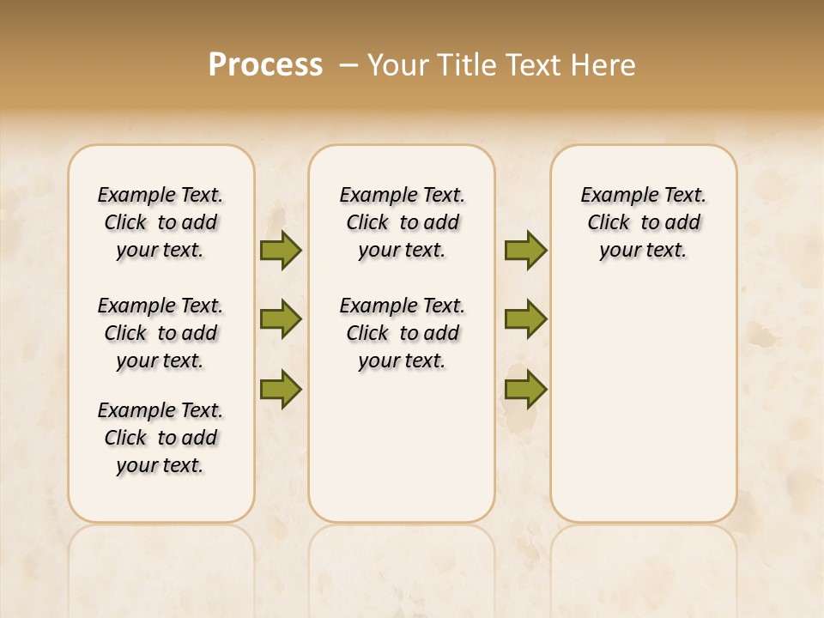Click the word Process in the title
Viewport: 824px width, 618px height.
pos(265,65)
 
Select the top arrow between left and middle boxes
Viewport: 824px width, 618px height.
pos(281,251)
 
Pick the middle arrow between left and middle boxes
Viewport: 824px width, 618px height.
pos(281,319)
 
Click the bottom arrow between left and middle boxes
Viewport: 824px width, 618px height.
pos(281,389)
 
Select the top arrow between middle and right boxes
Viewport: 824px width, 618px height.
pos(525,251)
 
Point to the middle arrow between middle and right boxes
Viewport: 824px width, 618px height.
pos(525,319)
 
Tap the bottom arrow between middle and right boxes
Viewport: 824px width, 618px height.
pos(525,389)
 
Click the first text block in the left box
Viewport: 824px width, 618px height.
pos(161,222)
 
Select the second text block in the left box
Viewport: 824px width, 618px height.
pos(161,333)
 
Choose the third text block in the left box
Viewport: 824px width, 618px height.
pos(161,438)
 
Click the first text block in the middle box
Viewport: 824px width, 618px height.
pos(402,222)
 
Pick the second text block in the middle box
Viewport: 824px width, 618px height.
pos(402,333)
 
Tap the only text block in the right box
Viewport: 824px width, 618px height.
pos(643,222)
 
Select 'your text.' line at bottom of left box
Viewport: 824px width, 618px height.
pos(161,465)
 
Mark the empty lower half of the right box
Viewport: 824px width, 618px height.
pos(643,412)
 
